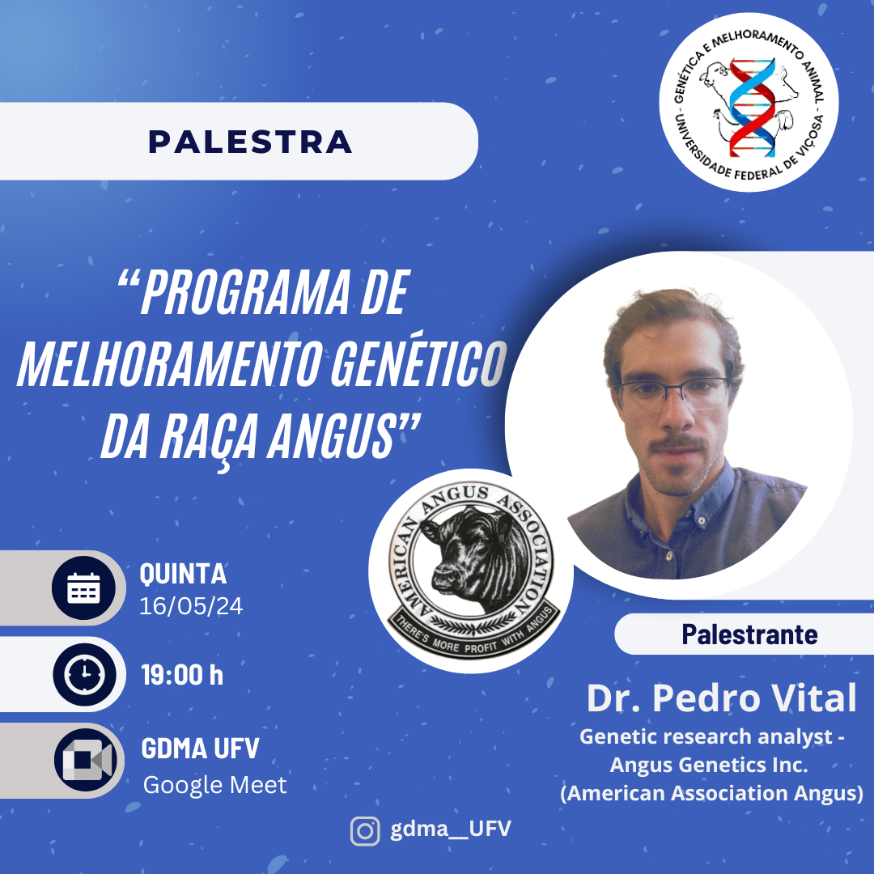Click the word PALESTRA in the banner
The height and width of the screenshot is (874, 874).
point(250,142)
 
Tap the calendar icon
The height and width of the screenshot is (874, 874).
point(83,588)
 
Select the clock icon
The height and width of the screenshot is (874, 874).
point(85,674)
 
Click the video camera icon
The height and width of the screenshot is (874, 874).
point(87,759)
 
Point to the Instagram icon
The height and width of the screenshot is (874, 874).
point(365,831)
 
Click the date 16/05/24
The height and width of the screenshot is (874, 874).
point(191,606)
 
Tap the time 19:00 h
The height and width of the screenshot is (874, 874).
point(182,675)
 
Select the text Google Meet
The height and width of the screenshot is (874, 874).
point(215,785)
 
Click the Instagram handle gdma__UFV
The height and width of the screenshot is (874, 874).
point(451,829)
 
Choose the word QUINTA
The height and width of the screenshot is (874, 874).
point(184,574)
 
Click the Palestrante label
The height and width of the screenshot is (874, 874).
point(749,634)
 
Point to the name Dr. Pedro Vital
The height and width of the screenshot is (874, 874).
point(722,698)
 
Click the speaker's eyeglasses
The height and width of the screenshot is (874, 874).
point(672,394)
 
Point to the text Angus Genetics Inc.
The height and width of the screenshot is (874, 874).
point(709,764)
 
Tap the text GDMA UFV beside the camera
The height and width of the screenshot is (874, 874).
point(200,748)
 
